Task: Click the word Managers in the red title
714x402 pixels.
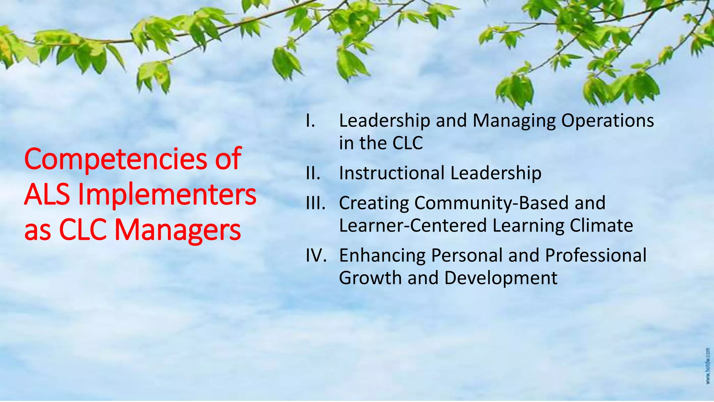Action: pos(177,231)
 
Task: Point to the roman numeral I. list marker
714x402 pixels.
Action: pos(311,121)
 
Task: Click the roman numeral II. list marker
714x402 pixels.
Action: pos(313,173)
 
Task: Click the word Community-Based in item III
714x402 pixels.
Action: pos(492,203)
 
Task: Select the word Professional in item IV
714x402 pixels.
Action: pos(595,255)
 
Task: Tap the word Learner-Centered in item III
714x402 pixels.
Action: pos(413,225)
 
